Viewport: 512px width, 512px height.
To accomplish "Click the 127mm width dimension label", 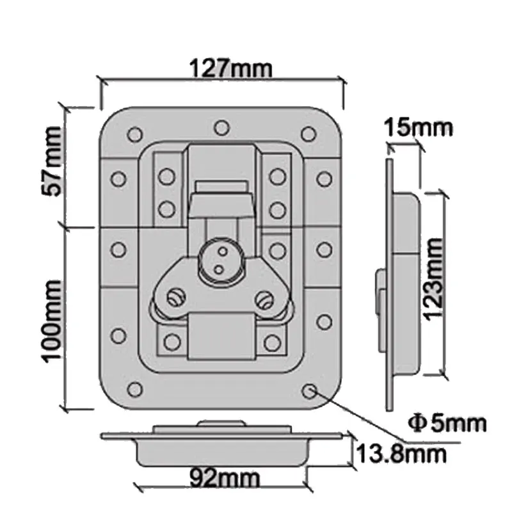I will point(221,67).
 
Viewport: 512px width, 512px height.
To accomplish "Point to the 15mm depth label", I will point(419,127).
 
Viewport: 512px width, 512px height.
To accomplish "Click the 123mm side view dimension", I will point(435,279).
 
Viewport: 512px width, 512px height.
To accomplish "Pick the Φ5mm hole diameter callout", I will point(447,422).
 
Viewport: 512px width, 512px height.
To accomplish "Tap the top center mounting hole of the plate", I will point(221,128).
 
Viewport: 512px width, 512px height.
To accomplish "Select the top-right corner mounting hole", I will point(308,134).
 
